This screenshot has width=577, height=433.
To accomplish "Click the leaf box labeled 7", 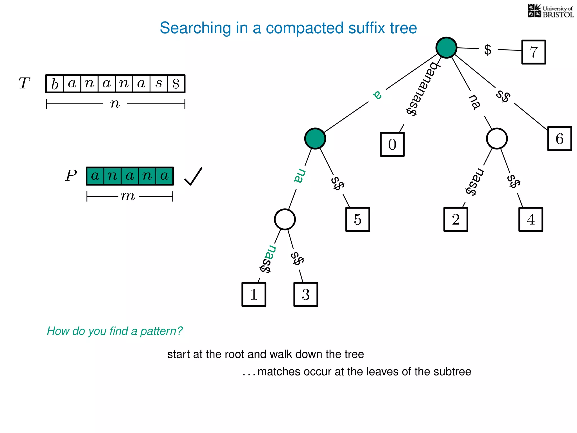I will click(x=533, y=52).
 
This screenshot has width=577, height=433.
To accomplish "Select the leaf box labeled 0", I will click(x=392, y=144).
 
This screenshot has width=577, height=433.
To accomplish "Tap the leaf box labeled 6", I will click(x=559, y=139).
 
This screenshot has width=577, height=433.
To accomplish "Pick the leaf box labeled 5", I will click(x=358, y=219).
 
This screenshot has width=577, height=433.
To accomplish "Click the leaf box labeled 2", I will click(x=456, y=219).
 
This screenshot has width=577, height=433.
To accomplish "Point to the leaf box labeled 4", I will click(x=531, y=219).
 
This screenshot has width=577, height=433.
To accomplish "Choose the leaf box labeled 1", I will click(x=254, y=294).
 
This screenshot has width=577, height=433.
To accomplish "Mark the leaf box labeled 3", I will click(x=306, y=294).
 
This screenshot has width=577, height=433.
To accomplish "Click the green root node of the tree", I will click(x=446, y=47).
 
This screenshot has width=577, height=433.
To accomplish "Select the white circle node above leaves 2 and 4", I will click(x=497, y=138).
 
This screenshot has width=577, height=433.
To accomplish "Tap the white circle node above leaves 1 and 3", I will click(x=285, y=219).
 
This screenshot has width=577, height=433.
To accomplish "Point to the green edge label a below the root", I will click(x=377, y=95).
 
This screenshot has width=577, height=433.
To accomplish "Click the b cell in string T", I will click(x=55, y=84).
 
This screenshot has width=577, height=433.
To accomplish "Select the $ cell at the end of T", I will click(x=176, y=84).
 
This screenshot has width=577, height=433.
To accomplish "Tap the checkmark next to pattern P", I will click(x=193, y=176).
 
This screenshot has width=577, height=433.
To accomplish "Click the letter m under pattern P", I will click(x=128, y=196).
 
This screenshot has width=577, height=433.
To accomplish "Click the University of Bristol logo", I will click(x=550, y=11).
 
